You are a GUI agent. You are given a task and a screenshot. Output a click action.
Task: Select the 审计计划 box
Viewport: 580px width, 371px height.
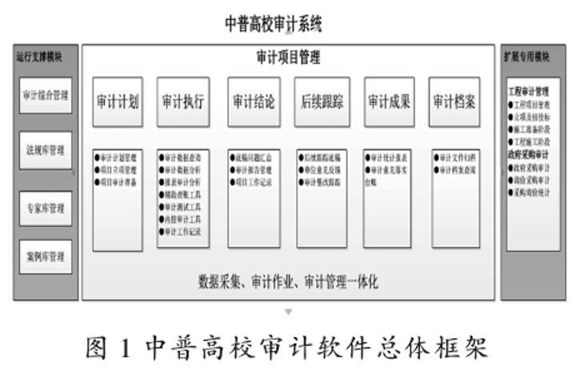pyautogui.click(x=118, y=102)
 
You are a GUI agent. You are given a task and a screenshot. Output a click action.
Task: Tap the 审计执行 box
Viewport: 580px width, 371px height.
pyautogui.click(x=182, y=102)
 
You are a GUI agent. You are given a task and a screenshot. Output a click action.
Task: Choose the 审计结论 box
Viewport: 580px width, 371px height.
pyautogui.click(x=254, y=102)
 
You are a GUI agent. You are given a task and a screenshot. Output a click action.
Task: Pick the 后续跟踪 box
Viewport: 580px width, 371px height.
pyautogui.click(x=322, y=102)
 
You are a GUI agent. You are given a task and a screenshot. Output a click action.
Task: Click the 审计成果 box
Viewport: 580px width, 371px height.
pyautogui.click(x=389, y=102)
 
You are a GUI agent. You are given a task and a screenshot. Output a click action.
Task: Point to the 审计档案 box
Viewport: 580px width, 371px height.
pyautogui.click(x=454, y=102)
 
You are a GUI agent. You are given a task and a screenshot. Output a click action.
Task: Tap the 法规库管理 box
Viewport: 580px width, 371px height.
pyautogui.click(x=46, y=150)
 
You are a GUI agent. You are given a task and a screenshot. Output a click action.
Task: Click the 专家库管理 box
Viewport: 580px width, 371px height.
pyautogui.click(x=46, y=208)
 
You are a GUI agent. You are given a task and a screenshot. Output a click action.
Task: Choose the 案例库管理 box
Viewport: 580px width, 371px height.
pyautogui.click(x=46, y=257)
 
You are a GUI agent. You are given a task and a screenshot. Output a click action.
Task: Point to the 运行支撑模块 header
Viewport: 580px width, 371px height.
pyautogui.click(x=39, y=57)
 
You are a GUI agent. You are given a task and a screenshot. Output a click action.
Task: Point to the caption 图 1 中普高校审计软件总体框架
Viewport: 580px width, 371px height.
pyautogui.click(x=288, y=347)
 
